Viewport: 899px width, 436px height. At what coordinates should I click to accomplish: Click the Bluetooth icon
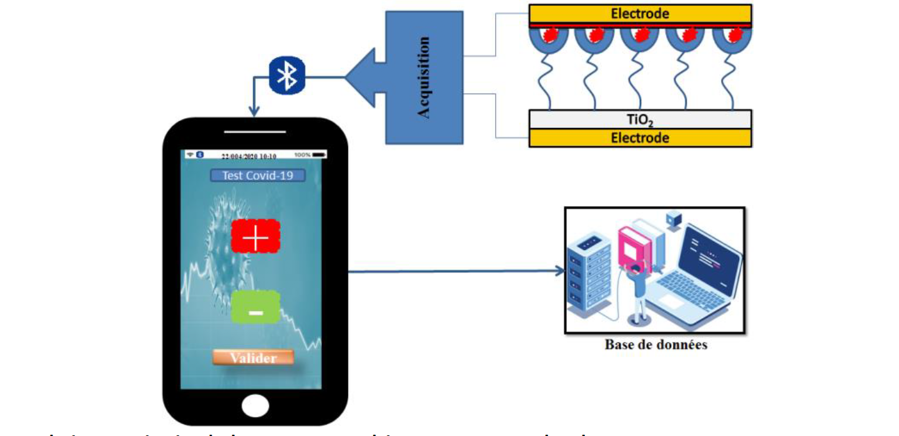(x=287, y=76)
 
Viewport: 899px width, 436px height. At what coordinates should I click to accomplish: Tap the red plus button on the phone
(x=255, y=236)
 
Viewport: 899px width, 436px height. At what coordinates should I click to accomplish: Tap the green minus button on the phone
(x=255, y=307)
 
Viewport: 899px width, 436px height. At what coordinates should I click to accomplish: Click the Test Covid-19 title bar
(x=258, y=176)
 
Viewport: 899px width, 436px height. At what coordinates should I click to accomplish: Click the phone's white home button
(x=255, y=405)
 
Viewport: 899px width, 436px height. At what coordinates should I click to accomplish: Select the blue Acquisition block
(x=425, y=77)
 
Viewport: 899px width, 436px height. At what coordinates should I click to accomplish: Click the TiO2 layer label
(x=640, y=119)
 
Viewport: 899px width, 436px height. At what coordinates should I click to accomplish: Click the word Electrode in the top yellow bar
(x=640, y=13)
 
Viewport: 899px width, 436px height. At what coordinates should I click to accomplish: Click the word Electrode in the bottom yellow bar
(x=640, y=138)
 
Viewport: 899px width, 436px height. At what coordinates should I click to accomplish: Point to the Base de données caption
(x=656, y=344)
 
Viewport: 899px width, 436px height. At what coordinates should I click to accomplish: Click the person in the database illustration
(x=637, y=290)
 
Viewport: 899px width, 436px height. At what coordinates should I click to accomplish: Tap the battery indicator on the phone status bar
(x=319, y=154)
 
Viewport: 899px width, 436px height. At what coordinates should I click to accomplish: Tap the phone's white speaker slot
(x=255, y=131)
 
